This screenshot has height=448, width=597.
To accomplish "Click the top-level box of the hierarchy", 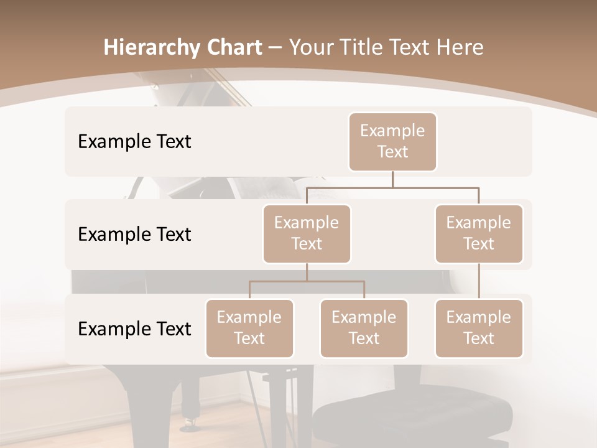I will tap(392, 142).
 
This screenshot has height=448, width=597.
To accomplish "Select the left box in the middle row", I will tap(307, 234).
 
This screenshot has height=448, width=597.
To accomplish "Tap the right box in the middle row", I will tap(479, 234).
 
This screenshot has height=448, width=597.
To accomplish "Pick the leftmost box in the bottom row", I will tap(249, 329).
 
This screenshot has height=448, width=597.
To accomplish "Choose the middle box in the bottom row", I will tap(364, 329).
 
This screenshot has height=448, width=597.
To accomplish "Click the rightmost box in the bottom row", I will tap(479, 329).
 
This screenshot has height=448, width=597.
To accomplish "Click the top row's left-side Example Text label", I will tap(134, 142).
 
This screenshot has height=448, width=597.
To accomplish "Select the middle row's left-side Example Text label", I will tap(134, 235).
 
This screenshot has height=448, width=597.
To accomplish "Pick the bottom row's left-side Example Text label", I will tap(134, 329).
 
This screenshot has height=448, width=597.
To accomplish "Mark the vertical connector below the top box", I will tap(392, 179).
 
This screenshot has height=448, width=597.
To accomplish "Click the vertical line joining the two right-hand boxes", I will tap(479, 281).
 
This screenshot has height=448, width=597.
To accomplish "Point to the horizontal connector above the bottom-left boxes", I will tap(307, 281).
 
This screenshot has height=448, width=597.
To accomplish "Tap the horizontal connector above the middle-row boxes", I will tap(392, 187).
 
